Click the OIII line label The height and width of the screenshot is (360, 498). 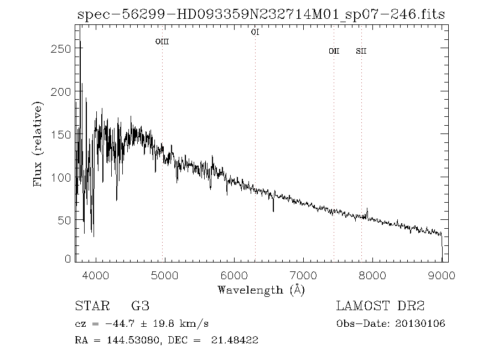pos(162,42)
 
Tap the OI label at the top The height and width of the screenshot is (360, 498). pos(255,32)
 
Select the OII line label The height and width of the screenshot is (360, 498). pos(334,52)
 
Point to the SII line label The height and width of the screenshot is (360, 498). pos(361,52)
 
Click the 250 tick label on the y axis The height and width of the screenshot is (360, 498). pos(60,49)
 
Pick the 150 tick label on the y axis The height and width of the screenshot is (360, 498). pos(60,135)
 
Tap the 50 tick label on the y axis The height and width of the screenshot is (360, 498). pos(64,220)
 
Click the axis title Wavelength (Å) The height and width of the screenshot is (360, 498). pos(261,289)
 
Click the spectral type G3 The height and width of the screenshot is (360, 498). pos(139,306)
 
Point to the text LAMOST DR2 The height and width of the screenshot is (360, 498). pos(381,306)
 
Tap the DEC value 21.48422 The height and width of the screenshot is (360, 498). pos(235,340)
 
